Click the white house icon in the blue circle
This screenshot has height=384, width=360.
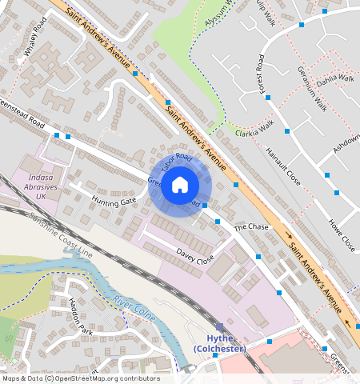pos(180,185)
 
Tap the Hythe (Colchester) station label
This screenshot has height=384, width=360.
pos(220,343)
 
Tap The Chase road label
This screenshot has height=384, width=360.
pos(251,228)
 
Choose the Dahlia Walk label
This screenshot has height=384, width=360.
pos(335,78)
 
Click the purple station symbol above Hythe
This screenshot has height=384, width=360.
pos(220,327)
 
